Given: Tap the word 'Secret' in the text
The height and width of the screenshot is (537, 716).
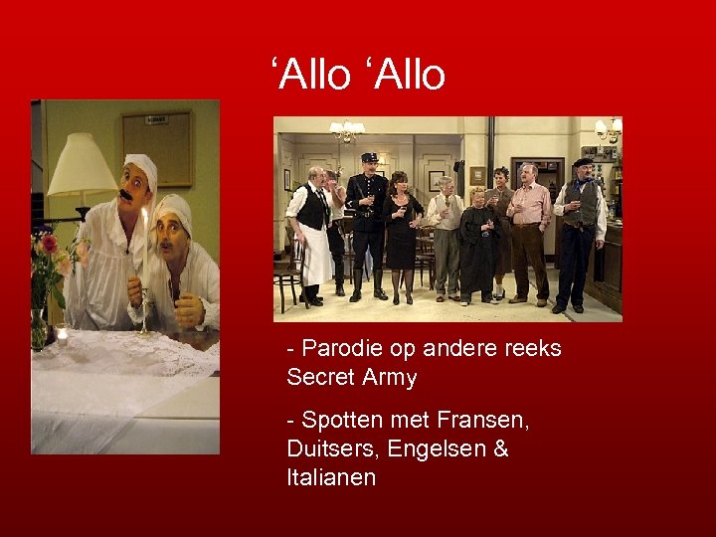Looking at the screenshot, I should click(x=315, y=378).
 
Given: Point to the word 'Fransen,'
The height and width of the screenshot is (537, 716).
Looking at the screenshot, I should click(x=473, y=421).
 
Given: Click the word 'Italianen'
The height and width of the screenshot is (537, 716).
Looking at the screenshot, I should click(x=331, y=477).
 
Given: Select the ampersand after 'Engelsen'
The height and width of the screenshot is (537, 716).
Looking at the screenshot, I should click(x=500, y=448).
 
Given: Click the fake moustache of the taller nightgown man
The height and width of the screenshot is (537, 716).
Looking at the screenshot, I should click(x=127, y=194).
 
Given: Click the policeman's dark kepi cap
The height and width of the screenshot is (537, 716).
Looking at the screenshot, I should click(x=369, y=157).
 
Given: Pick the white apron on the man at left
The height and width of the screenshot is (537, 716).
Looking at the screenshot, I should click(x=316, y=254).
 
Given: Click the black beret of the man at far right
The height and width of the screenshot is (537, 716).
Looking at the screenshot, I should click(x=583, y=162).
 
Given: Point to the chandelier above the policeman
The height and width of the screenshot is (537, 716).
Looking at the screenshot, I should click(x=347, y=130).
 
